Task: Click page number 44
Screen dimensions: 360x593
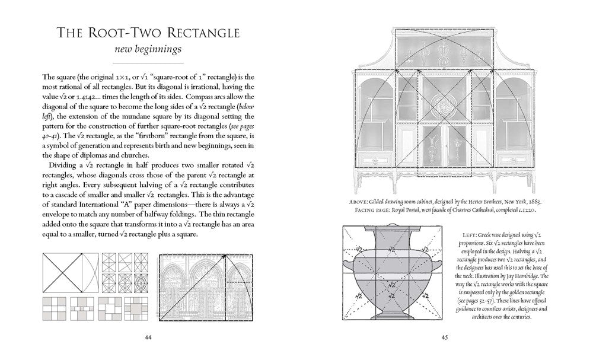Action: (x=148, y=338)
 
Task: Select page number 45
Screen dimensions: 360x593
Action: (x=445, y=338)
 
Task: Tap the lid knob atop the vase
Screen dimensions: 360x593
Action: (x=390, y=227)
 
